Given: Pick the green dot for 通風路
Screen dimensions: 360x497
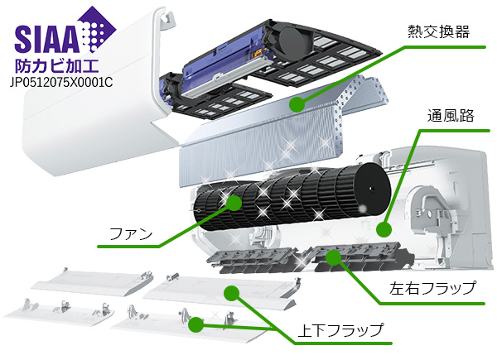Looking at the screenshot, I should (384, 230).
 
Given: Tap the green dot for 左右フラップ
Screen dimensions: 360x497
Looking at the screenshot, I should (333, 258).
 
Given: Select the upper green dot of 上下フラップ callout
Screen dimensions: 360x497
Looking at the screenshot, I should (231, 292).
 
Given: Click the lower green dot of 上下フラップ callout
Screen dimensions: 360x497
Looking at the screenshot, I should (195, 324).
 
